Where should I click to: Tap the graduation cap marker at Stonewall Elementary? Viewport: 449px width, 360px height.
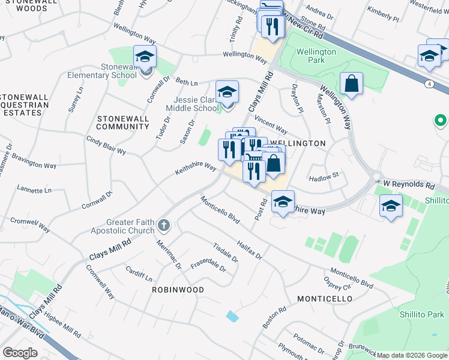pos(145,57)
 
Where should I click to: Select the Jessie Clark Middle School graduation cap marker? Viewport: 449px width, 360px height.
pos(228,92)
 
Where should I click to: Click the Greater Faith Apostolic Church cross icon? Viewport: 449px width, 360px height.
pos(163,226)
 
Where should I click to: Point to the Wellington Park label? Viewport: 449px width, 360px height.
pos(316,56)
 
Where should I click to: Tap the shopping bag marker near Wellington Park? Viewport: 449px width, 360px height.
pos(351,84)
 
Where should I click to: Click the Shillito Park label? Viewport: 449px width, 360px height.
pos(423,314)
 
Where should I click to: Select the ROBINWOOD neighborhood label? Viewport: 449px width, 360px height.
pos(178,290)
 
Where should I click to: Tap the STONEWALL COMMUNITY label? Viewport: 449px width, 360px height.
pos(122,123)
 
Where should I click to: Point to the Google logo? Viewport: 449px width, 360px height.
pos(20,353)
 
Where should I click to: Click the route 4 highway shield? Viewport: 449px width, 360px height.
pos(428,83)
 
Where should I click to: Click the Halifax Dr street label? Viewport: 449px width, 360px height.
pos(250,247)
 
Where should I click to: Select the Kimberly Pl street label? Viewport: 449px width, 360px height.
pos(384,14)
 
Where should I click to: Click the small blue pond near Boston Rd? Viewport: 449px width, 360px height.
pos(232,316)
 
